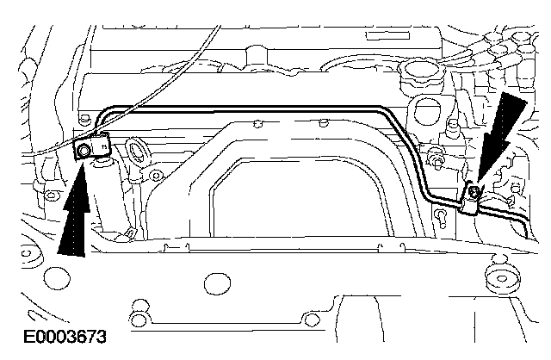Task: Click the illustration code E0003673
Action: [x=65, y=337]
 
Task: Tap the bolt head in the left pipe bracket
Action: [x=84, y=151]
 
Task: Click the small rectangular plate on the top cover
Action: [x=387, y=35]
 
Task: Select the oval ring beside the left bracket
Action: [x=138, y=152]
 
